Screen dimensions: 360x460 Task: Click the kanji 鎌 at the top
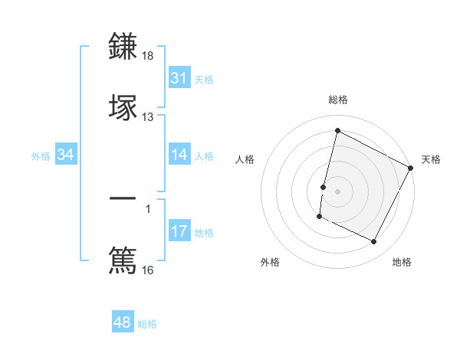pyautogui.click(x=123, y=47)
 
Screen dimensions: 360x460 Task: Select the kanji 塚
pyautogui.click(x=123, y=106)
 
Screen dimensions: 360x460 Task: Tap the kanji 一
pyautogui.click(x=123, y=199)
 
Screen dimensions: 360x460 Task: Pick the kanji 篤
pyautogui.click(x=123, y=260)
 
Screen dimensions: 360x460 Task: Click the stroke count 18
pyautogui.click(x=148, y=57)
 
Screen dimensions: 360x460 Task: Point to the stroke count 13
pyautogui.click(x=148, y=116)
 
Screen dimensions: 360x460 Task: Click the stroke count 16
pyautogui.click(x=148, y=270)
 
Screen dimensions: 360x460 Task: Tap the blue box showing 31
pyautogui.click(x=179, y=78)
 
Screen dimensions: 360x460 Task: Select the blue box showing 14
pyautogui.click(x=179, y=155)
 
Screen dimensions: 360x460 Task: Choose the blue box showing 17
pyautogui.click(x=179, y=231)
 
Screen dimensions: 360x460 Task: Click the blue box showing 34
pyautogui.click(x=66, y=155)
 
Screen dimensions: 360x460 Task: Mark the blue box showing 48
pyautogui.click(x=123, y=322)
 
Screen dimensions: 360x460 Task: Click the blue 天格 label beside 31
pyautogui.click(x=204, y=79)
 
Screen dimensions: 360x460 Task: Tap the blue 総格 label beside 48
pyautogui.click(x=147, y=324)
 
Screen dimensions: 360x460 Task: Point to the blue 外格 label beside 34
pyautogui.click(x=41, y=156)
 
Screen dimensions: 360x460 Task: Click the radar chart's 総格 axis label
pyautogui.click(x=337, y=100)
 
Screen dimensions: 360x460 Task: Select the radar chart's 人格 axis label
pyautogui.click(x=245, y=159)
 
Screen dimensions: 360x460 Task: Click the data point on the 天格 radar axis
pyautogui.click(x=411, y=169)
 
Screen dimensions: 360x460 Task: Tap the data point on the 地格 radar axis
pyautogui.click(x=374, y=242)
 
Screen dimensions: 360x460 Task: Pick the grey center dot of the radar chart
pyautogui.click(x=337, y=191)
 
